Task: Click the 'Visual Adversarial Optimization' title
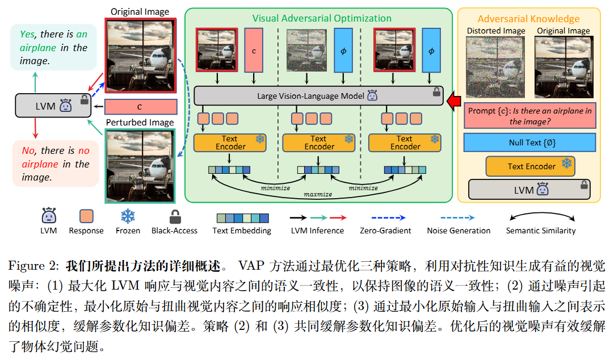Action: pos(322,18)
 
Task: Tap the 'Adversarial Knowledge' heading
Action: pos(528,19)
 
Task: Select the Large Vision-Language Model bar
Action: pos(318,96)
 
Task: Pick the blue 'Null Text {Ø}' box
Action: pos(529,143)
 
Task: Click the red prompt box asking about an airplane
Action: pos(529,116)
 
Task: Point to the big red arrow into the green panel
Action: pos(454,101)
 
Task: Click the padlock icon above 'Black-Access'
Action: pos(174,216)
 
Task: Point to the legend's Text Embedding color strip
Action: pos(242,217)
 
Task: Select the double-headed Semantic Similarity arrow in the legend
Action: pos(540,217)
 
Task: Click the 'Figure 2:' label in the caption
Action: pos(34,265)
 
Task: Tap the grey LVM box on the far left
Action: pos(53,106)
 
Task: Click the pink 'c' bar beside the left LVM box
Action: pos(141,107)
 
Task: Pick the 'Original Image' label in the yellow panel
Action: pos(563,31)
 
